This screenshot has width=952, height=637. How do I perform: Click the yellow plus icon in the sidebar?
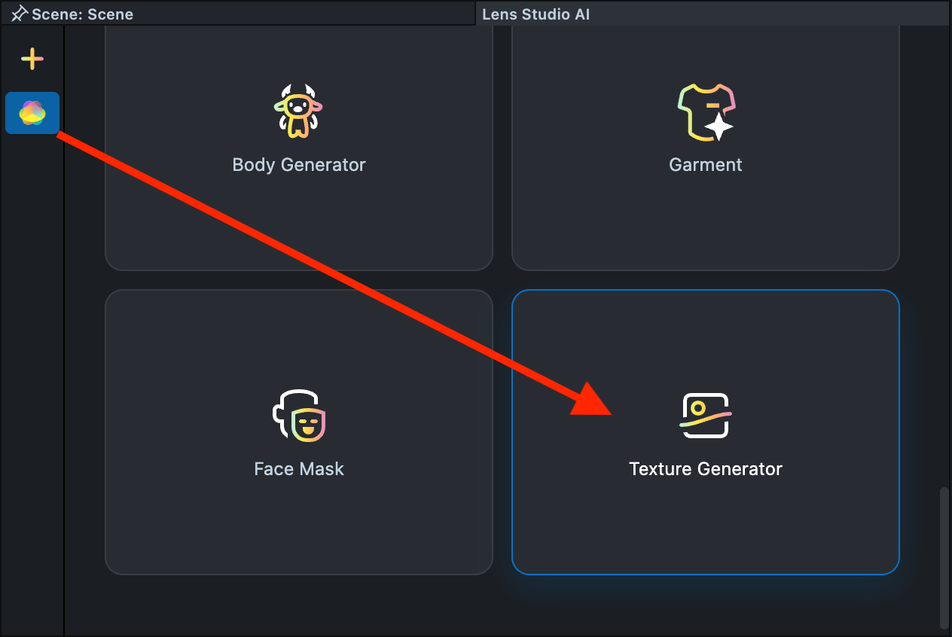[x=32, y=59]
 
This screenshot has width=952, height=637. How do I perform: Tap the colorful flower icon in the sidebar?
[x=32, y=113]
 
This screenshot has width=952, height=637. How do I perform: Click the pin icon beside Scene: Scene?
[x=20, y=14]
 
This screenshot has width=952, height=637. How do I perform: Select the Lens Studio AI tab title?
[x=535, y=14]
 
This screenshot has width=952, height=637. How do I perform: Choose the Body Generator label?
[x=299, y=165]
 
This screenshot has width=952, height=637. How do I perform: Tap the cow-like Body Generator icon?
[x=299, y=110]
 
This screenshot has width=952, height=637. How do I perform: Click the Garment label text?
[x=706, y=165]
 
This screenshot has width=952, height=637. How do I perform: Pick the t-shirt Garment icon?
[x=705, y=111]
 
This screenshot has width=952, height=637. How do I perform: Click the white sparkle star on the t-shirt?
[x=719, y=126]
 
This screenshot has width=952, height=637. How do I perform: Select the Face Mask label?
[x=299, y=469]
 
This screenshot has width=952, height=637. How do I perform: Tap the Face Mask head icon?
[x=299, y=416]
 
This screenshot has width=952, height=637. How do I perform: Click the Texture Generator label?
[x=706, y=469]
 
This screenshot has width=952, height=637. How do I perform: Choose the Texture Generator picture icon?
[x=705, y=416]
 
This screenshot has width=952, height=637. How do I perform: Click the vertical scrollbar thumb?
[x=944, y=557]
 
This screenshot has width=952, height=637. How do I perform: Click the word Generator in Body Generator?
[x=328, y=165]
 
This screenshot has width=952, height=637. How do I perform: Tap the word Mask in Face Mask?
[x=322, y=469]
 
